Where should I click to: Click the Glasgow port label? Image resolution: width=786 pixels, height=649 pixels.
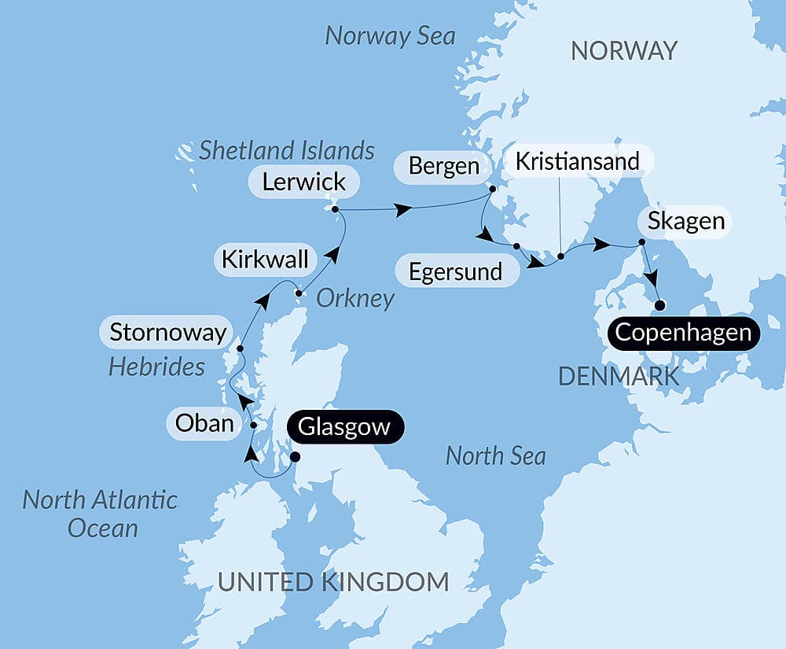345,427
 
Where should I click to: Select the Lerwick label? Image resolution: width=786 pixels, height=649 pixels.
304,182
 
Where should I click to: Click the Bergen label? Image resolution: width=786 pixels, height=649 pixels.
444,167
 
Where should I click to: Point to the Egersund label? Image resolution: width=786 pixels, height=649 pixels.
456,272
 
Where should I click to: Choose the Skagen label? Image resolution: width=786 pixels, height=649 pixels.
686,221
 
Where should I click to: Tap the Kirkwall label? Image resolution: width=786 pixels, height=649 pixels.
265,260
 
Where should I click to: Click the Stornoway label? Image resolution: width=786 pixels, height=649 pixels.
167,332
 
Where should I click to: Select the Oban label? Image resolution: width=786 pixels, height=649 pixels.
204,423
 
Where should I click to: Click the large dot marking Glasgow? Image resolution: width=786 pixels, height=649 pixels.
296,456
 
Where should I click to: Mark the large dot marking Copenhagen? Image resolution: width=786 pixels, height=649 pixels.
660,305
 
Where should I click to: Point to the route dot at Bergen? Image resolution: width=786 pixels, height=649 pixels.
492,189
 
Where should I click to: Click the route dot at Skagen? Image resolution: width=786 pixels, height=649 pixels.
641,242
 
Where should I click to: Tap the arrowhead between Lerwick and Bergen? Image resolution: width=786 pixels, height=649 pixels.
402,209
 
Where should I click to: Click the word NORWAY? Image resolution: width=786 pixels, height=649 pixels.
623,51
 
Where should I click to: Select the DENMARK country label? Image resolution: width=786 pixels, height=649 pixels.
619,376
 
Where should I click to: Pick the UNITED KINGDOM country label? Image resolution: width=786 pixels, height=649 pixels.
333,582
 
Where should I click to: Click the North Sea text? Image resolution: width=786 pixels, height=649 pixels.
495,455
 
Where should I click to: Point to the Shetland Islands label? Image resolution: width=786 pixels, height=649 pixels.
286,149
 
